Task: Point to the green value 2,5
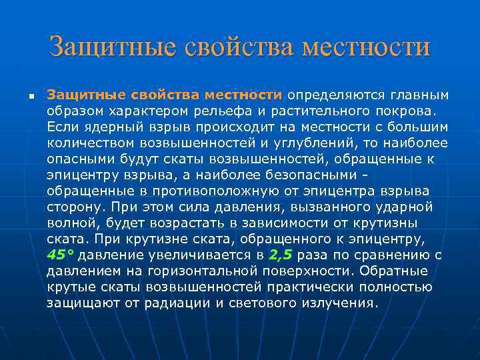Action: [281, 255]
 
